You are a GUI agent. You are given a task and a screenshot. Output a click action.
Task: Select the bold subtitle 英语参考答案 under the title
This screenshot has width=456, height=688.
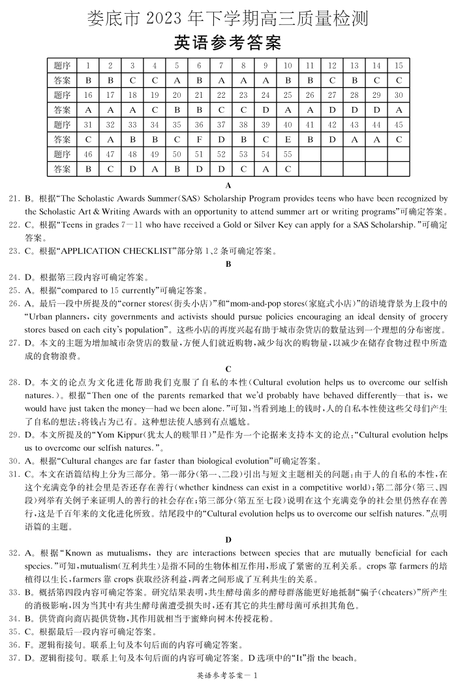[228, 43]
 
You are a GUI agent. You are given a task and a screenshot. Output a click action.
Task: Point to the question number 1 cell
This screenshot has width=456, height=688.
[88, 65]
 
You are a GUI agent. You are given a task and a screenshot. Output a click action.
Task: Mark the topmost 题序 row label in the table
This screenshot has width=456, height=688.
[62, 65]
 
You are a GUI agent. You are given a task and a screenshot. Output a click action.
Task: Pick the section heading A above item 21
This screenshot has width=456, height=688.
[228, 185]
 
